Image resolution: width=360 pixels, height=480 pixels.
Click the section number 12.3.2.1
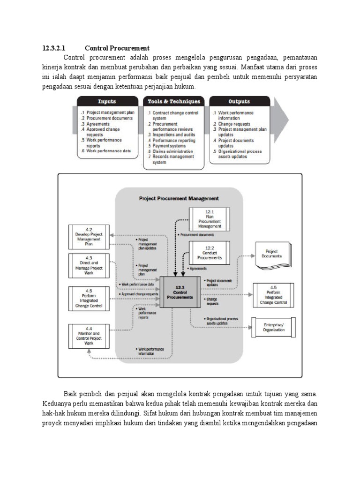[x=55, y=48]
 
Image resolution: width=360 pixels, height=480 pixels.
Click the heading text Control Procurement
[x=117, y=48]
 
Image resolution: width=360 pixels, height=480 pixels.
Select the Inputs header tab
[x=107, y=101]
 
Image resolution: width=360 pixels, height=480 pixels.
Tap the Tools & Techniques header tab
[x=174, y=101]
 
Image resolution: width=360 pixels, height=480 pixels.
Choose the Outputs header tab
[x=239, y=101]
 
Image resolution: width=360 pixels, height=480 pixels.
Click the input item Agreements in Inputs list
[x=97, y=124]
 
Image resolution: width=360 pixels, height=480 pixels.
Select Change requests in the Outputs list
[x=234, y=124]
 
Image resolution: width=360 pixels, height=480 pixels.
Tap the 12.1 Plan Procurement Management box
[x=209, y=219]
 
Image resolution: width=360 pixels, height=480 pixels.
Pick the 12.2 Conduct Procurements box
[x=209, y=253]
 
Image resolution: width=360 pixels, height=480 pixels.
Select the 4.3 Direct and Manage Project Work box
[x=89, y=265]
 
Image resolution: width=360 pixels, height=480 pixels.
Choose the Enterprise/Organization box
[x=273, y=327]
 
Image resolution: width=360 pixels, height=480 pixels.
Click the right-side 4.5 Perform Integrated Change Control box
[x=273, y=295]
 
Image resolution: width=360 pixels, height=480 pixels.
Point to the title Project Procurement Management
[x=179, y=198]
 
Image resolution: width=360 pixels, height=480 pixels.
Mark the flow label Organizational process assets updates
[x=222, y=321]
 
